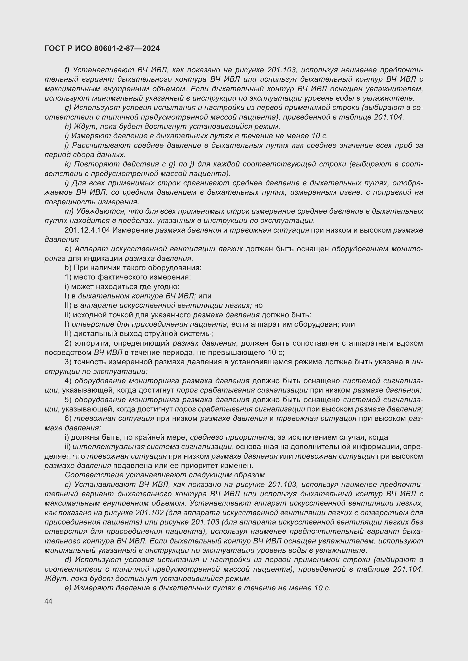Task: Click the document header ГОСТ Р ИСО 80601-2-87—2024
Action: point(102,48)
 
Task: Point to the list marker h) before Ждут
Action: point(68,126)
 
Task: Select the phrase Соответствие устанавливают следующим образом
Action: point(165,475)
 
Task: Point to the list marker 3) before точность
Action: point(68,362)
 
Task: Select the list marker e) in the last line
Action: point(68,588)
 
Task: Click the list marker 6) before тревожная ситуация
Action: point(68,418)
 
